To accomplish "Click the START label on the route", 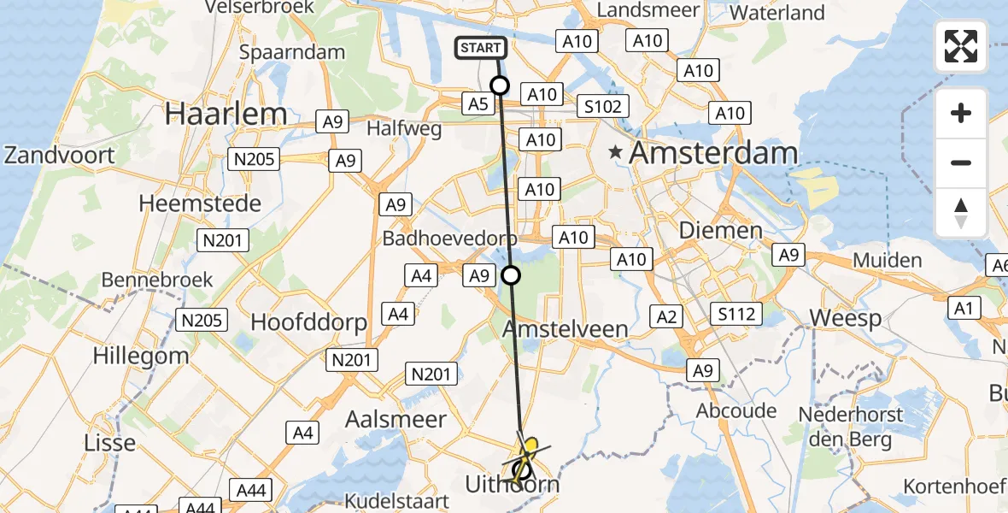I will pyautogui.click(x=481, y=48).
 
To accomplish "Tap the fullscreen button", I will pyautogui.click(x=961, y=46).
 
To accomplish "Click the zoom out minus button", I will pyautogui.click(x=961, y=162).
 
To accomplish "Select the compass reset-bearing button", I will pyautogui.click(x=961, y=213).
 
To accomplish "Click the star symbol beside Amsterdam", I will pyautogui.click(x=615, y=152).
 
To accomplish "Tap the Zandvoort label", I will pyautogui.click(x=60, y=156).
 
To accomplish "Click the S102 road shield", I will pyautogui.click(x=602, y=107).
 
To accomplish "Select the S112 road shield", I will pyautogui.click(x=736, y=315).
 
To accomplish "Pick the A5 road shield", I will pyautogui.click(x=478, y=104).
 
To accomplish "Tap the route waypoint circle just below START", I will pyautogui.click(x=499, y=85).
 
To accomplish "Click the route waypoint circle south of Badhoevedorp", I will pyautogui.click(x=511, y=274).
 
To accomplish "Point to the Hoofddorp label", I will pyautogui.click(x=308, y=322).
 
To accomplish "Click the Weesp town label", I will pyautogui.click(x=845, y=318).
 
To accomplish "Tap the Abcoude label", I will pyautogui.click(x=735, y=410).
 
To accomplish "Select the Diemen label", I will pyautogui.click(x=719, y=231).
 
